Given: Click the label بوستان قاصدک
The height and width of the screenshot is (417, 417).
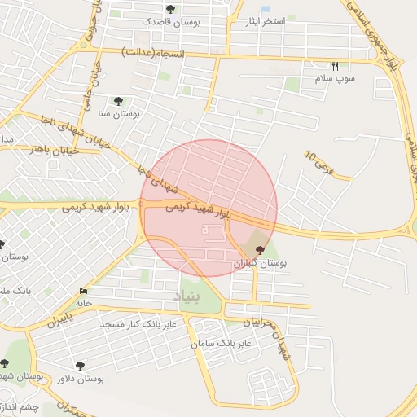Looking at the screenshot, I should (x=169, y=22).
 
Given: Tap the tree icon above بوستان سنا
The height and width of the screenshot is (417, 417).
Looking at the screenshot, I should (x=119, y=101).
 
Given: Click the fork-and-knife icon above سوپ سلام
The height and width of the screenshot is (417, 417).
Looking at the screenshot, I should (x=334, y=66).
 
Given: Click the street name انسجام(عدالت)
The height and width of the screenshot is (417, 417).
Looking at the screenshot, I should (x=153, y=53).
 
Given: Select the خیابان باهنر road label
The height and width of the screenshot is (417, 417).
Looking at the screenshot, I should (x=53, y=150).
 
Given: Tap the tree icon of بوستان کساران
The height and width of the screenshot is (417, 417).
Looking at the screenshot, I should (x=260, y=250).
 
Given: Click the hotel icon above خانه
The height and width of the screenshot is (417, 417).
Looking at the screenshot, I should (x=84, y=291).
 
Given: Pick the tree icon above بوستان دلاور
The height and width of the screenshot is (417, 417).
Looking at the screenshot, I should (x=80, y=366).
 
